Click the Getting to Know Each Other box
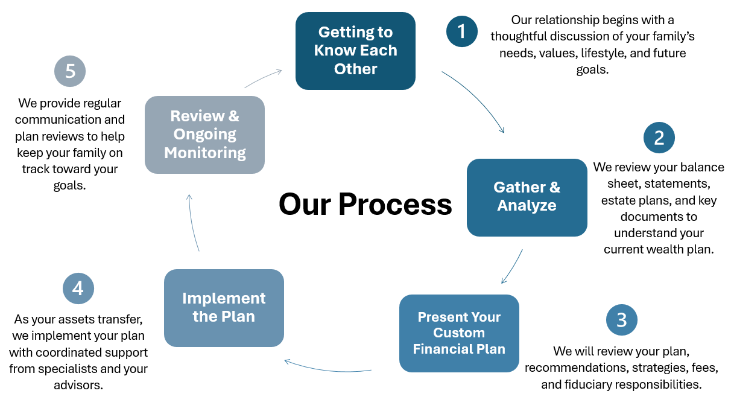(355, 51)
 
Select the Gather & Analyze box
(527, 197)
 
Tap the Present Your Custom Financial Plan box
(459, 333)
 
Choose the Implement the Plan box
(224, 308)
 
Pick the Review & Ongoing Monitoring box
(204, 135)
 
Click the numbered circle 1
(462, 31)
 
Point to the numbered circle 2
(659, 138)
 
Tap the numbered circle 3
(622, 320)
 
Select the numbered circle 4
(78, 288)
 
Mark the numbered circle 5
(70, 71)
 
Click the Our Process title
(365, 205)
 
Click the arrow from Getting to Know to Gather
(478, 97)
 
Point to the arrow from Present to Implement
(328, 369)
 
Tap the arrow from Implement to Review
(192, 223)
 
